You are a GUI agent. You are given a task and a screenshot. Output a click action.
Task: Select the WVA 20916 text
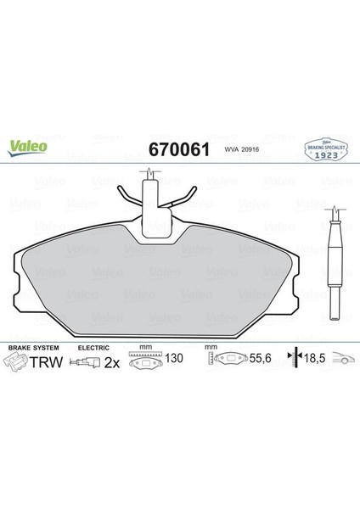(242, 151)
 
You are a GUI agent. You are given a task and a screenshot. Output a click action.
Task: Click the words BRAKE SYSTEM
(31, 349)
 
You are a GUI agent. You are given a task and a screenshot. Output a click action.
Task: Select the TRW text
(45, 362)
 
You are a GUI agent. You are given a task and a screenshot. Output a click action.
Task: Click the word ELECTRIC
(93, 349)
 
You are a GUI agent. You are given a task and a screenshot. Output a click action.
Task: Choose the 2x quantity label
(111, 363)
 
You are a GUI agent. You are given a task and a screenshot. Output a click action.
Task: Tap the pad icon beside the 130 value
(148, 363)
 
